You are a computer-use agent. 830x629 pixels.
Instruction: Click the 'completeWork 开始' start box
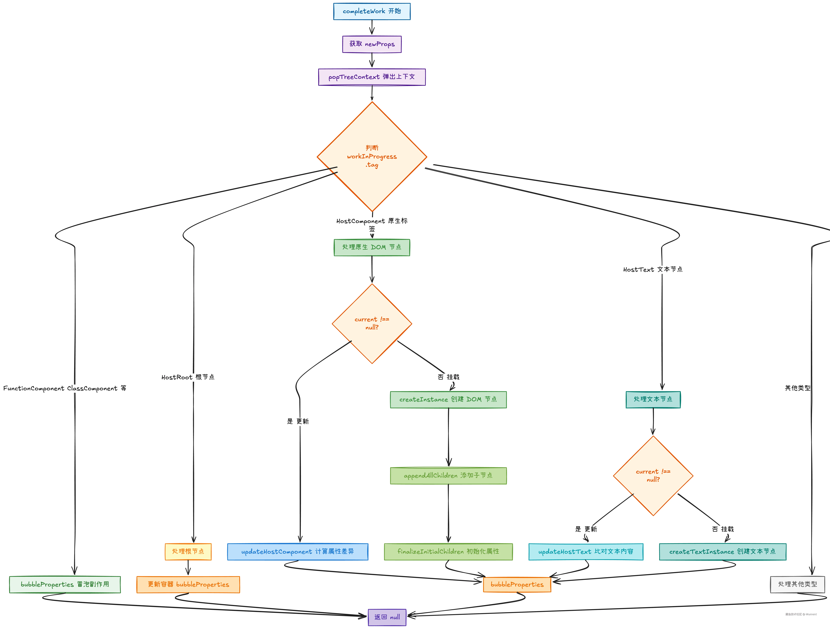tap(372, 11)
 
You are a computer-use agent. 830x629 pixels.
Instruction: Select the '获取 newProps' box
tap(372, 44)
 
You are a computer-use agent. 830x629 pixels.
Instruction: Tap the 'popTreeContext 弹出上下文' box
tap(372, 77)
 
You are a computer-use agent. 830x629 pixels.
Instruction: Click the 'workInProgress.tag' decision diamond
tap(372, 156)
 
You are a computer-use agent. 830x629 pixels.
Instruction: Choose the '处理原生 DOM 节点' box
tap(372, 247)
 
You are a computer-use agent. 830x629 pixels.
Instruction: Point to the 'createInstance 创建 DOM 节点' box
tap(448, 400)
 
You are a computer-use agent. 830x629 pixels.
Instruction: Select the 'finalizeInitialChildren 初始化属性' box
tap(448, 552)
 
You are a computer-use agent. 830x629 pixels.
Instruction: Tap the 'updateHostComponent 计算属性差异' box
tap(298, 552)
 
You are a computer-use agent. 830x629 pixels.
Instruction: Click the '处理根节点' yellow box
tap(188, 552)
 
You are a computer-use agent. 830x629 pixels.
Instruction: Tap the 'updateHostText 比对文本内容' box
tap(586, 552)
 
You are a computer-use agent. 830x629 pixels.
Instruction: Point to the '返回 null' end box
tap(387, 617)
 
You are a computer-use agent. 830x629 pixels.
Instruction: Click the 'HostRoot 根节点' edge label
tap(188, 377)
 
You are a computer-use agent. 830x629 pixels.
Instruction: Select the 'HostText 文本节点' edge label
tap(653, 269)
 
